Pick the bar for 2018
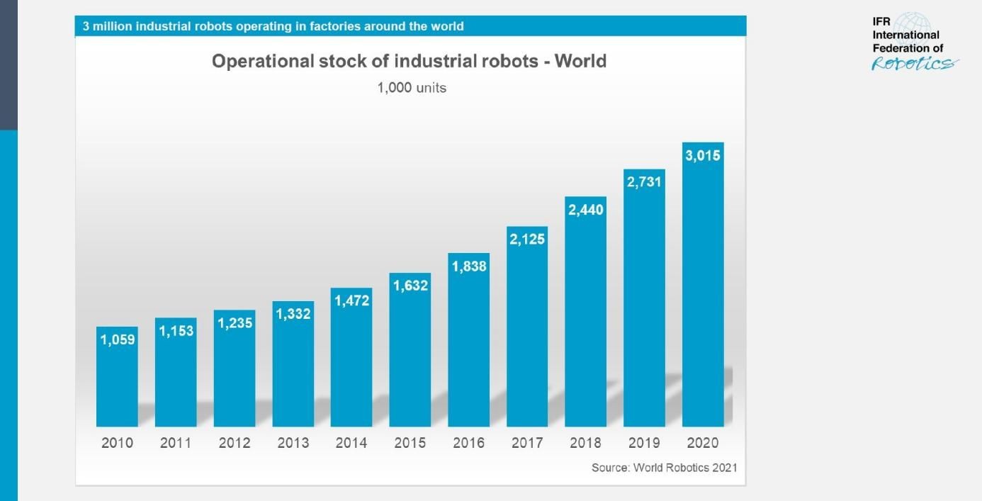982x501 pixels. point(586,319)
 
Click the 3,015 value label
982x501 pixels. point(703,156)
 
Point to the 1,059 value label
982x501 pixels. point(118,339)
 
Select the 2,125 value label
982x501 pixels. point(527,240)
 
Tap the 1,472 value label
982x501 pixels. point(351,301)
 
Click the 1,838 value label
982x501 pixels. point(469,266)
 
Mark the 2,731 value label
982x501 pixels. point(644,182)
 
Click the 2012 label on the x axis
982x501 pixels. point(235,443)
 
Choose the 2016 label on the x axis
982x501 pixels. point(469,443)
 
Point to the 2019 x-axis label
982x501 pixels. point(644,443)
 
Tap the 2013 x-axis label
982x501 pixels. point(293,443)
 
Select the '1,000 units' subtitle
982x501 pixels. point(412,89)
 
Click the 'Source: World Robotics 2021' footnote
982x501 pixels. point(664,468)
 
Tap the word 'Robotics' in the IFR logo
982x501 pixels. point(912,64)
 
